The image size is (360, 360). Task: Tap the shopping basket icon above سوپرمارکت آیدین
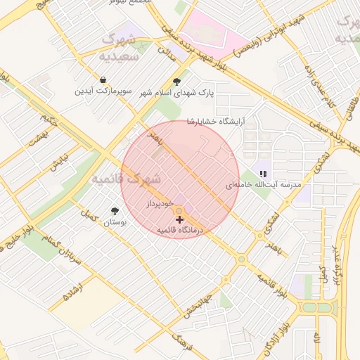pyautogui.click(x=104, y=80)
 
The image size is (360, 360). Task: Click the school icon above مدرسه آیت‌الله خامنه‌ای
pyautogui.click(x=264, y=173)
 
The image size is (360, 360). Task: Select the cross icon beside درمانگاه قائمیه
pyautogui.click(x=179, y=220)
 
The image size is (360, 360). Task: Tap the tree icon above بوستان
pyautogui.click(x=115, y=210)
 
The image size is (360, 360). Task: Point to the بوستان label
pyautogui.click(x=114, y=222)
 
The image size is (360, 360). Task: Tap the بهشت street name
pyautogui.click(x=37, y=138)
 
